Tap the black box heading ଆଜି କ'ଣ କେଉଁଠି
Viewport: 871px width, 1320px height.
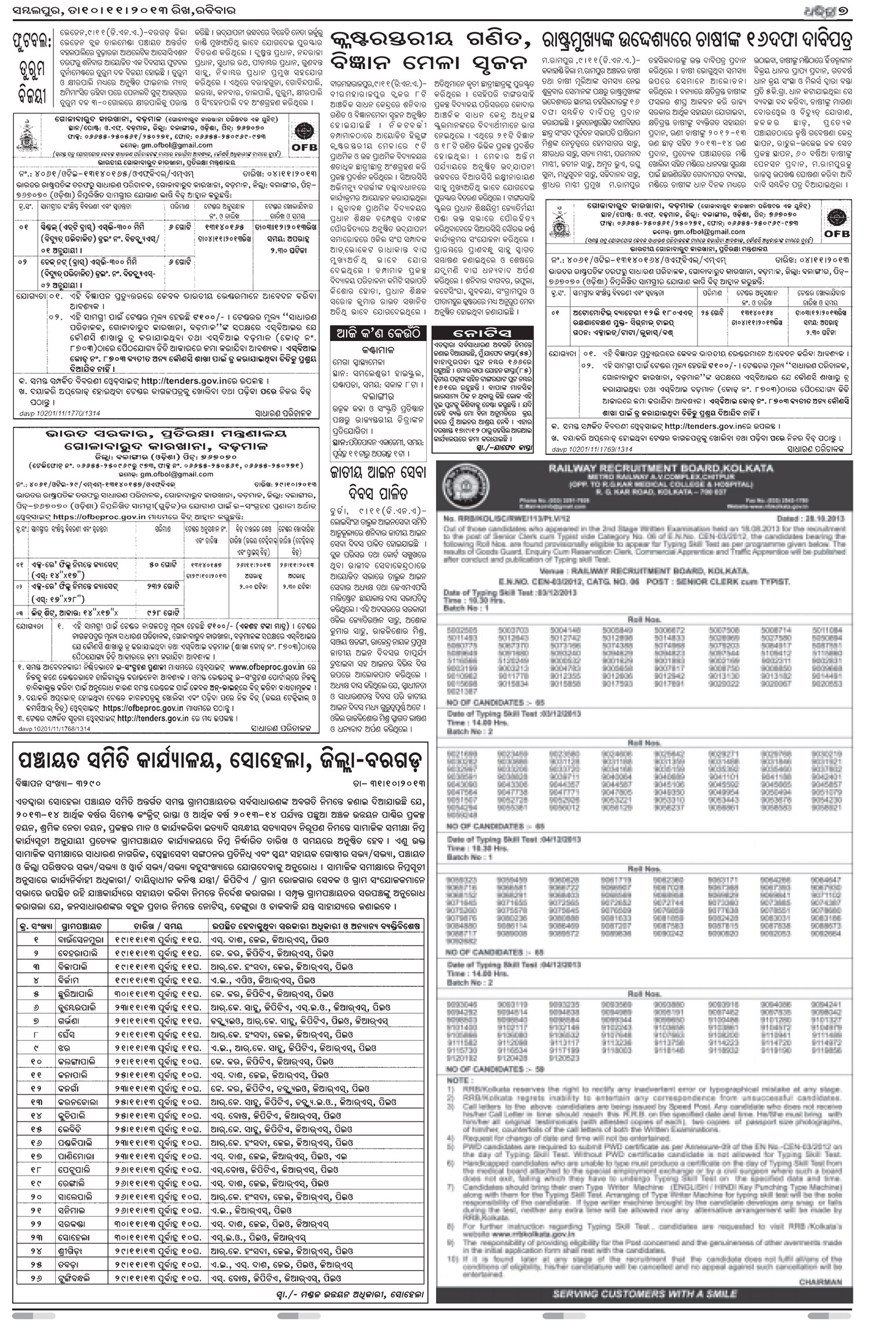point(378,333)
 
